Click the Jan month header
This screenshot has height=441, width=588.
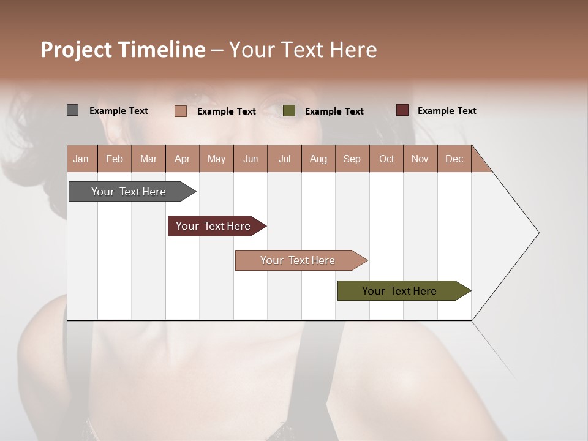[81, 159]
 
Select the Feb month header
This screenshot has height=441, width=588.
[115, 159]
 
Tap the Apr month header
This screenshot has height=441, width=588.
[182, 159]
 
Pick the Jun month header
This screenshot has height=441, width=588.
[251, 159]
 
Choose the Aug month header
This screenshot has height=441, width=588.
[318, 159]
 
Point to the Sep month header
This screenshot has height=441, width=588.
[352, 159]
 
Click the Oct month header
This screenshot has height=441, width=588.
[386, 159]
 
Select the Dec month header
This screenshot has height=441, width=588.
[454, 159]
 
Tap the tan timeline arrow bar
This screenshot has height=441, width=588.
[299, 260]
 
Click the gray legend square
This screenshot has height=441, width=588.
[72, 110]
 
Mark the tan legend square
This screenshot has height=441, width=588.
[180, 111]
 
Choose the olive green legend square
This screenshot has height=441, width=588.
[289, 111]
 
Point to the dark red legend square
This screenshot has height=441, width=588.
[402, 110]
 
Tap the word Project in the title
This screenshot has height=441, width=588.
[76, 50]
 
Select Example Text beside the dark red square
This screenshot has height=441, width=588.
[447, 111]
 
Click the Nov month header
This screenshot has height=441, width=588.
[420, 159]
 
